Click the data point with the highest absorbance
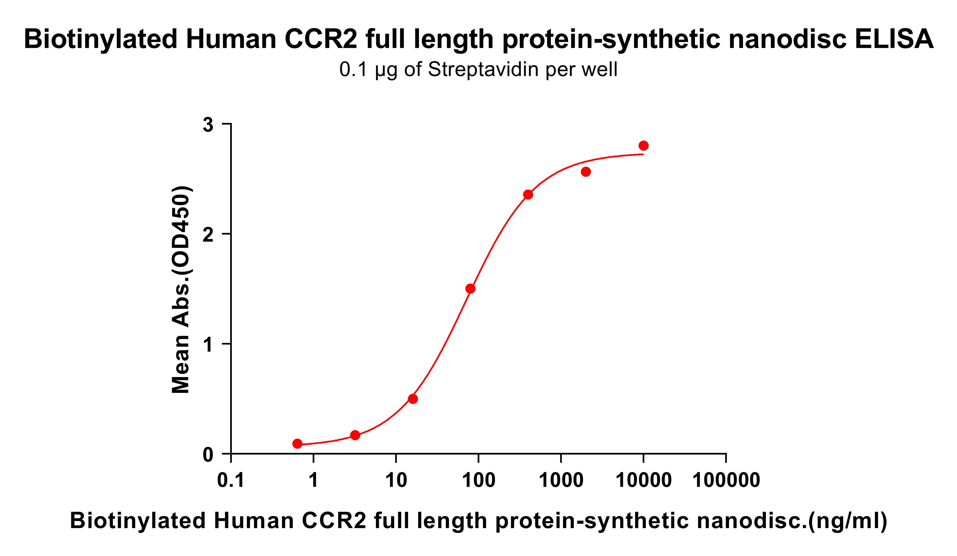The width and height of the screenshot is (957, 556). click(x=643, y=145)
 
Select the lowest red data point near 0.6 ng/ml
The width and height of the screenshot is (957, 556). click(x=297, y=444)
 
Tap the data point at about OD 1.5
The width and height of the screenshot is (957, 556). click(x=470, y=289)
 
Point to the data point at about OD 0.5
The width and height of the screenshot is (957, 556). click(x=413, y=399)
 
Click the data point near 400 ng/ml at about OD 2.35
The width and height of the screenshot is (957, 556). click(x=528, y=194)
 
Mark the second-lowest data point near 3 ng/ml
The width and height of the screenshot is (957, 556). click(x=355, y=435)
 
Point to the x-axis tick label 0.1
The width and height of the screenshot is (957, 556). click(x=230, y=480)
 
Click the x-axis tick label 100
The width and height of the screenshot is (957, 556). click(x=479, y=480)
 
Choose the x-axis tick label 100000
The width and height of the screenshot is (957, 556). click(x=726, y=480)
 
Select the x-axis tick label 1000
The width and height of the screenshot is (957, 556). click(x=561, y=480)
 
